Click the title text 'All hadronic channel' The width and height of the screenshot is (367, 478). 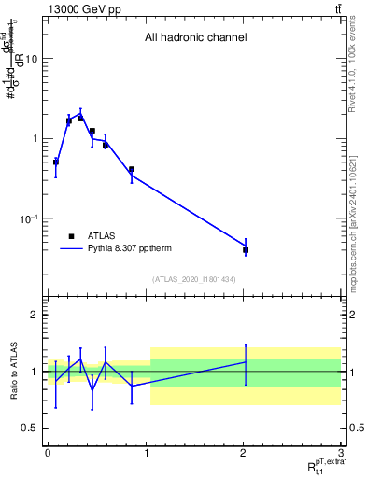(x=195, y=38)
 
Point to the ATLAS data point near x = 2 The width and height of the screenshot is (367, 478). (x=246, y=250)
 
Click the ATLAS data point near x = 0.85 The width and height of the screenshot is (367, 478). (x=132, y=170)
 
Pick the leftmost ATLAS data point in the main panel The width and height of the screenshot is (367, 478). (x=55, y=162)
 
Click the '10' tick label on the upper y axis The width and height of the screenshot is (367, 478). (x=31, y=59)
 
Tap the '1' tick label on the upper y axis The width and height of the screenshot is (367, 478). (x=35, y=139)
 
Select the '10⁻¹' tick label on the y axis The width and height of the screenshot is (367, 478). (x=29, y=219)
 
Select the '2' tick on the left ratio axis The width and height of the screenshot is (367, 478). (x=35, y=315)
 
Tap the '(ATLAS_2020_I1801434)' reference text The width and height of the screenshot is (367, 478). (x=195, y=279)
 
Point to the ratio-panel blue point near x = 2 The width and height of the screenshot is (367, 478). (x=246, y=361)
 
